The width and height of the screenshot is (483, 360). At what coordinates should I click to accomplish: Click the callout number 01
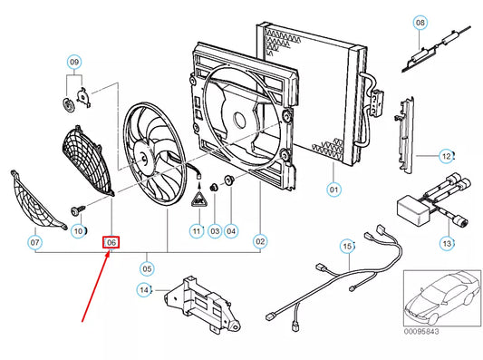pos(333,190)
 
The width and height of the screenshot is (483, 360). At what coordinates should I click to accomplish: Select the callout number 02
pos(260,241)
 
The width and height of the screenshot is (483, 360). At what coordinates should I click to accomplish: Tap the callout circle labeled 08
pos(420,23)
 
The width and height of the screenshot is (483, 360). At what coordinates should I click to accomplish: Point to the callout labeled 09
pos(74,63)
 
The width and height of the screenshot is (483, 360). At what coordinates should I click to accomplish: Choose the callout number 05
pos(147,268)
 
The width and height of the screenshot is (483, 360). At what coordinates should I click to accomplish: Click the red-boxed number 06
pos(111,242)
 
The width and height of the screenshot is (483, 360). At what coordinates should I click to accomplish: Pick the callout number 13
pos(447,244)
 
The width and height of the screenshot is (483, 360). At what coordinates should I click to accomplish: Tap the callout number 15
pos(348,247)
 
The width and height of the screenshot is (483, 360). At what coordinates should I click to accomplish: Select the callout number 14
pos(144,290)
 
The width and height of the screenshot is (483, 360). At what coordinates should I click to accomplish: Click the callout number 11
pos(197,231)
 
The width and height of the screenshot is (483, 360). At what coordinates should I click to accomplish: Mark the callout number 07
pos(34,242)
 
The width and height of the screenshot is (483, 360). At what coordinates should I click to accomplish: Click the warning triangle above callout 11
pos(199,200)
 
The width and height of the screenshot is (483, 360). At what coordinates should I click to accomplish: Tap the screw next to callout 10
pos(78,209)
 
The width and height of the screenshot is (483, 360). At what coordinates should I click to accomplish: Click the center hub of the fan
pos(144,160)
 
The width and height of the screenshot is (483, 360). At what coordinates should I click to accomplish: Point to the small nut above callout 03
pos(214,187)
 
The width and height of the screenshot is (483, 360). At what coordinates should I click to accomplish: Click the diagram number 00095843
pos(421,331)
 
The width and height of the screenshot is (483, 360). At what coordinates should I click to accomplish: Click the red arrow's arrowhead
pos(108,255)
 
